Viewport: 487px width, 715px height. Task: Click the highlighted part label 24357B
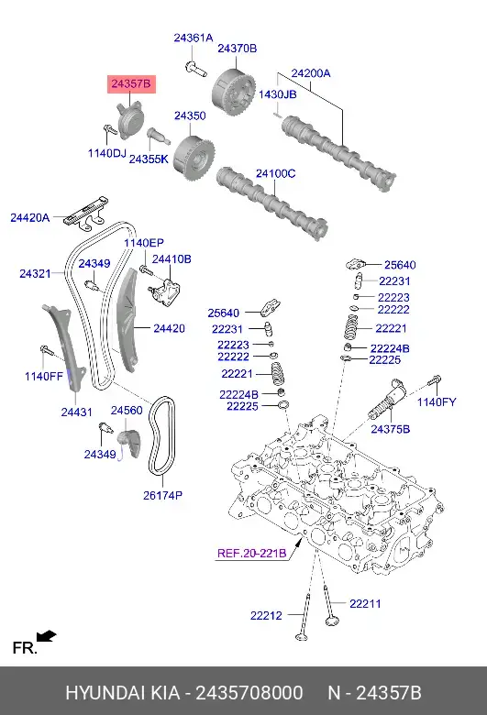click(130, 84)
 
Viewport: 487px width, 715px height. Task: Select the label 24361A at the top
click(194, 38)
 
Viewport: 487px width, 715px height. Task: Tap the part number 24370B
click(237, 48)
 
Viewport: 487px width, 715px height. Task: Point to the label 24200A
click(311, 72)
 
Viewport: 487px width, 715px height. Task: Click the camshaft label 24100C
click(275, 173)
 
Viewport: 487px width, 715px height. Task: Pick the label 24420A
click(30, 217)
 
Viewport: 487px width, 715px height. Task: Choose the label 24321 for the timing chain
click(36, 273)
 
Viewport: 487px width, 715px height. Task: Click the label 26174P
click(162, 496)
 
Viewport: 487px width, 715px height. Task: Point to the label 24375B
click(390, 428)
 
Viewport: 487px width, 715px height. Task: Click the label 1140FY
click(436, 401)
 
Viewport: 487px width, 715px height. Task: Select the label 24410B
click(172, 259)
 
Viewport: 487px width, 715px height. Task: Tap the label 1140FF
click(43, 376)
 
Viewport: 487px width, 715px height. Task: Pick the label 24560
click(127, 411)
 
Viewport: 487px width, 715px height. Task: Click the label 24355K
click(149, 159)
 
